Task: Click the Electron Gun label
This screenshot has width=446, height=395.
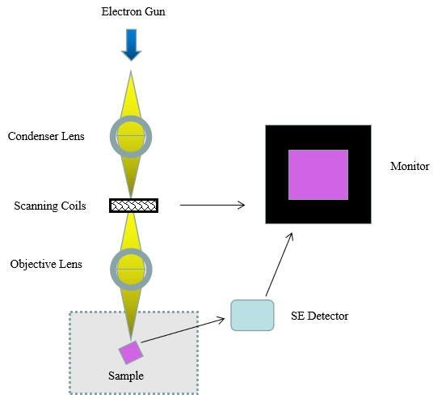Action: pyautogui.click(x=133, y=11)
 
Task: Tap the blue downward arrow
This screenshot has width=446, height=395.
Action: pyautogui.click(x=131, y=45)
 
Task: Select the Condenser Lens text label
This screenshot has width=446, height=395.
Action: pyautogui.click(x=46, y=136)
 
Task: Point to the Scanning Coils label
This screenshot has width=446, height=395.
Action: pyautogui.click(x=50, y=206)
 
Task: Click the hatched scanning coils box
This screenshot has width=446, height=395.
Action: pyautogui.click(x=133, y=206)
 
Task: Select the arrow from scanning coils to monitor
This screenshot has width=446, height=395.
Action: pyautogui.click(x=212, y=205)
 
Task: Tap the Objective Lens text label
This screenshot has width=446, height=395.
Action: pyautogui.click(x=46, y=264)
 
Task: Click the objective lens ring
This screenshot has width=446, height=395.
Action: pyautogui.click(x=112, y=270)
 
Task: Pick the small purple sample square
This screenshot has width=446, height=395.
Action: pyautogui.click(x=131, y=352)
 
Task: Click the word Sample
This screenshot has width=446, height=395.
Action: pyautogui.click(x=126, y=376)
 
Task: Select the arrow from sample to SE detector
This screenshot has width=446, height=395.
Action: pyautogui.click(x=183, y=330)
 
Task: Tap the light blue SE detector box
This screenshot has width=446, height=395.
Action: pyautogui.click(x=252, y=315)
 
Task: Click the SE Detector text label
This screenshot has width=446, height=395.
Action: pyautogui.click(x=319, y=316)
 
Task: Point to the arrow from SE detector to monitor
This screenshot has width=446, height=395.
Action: pyautogui.click(x=280, y=265)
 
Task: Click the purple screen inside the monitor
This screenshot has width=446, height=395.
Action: pyautogui.click(x=318, y=175)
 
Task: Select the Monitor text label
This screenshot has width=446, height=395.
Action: pyautogui.click(x=410, y=166)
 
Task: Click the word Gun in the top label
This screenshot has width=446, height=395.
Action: pyautogui.click(x=155, y=11)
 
